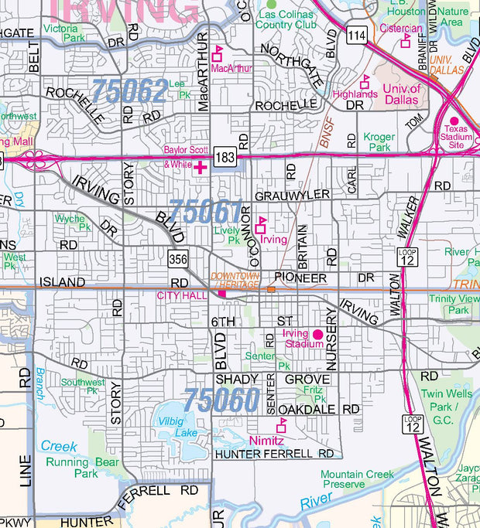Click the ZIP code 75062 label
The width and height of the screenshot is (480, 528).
(x=129, y=91)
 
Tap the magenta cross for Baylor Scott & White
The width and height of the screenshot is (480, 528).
(x=201, y=167)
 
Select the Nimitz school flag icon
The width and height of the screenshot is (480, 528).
(x=281, y=425)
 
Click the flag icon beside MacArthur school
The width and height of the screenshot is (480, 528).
(x=218, y=53)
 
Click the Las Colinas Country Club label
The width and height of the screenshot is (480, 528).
(x=287, y=19)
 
